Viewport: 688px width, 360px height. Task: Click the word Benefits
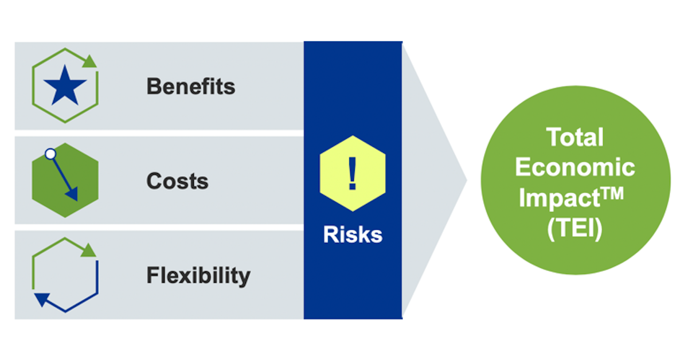191,87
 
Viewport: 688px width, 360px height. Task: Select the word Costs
178,181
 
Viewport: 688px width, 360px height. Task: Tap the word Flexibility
198,276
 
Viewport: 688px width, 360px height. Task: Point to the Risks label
353,234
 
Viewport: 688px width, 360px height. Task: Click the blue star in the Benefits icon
65,85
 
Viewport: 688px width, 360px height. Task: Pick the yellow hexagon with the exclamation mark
353,174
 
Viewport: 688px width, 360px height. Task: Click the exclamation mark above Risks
352,174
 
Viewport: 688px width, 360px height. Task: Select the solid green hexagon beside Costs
65,181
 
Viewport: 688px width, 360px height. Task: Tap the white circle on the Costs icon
50,154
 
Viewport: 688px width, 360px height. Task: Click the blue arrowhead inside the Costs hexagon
73,194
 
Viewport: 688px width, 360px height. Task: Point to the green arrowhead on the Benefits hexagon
89,61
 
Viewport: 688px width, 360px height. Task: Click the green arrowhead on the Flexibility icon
89,251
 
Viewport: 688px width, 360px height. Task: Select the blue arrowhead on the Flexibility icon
41,299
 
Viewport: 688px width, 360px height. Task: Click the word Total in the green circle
575,137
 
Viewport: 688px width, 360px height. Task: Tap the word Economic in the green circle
575,167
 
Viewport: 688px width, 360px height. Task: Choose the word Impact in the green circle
560,198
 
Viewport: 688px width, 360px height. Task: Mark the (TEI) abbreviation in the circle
574,229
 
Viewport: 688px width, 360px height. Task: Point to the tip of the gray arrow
467,181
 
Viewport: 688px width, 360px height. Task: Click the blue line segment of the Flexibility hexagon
81,303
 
